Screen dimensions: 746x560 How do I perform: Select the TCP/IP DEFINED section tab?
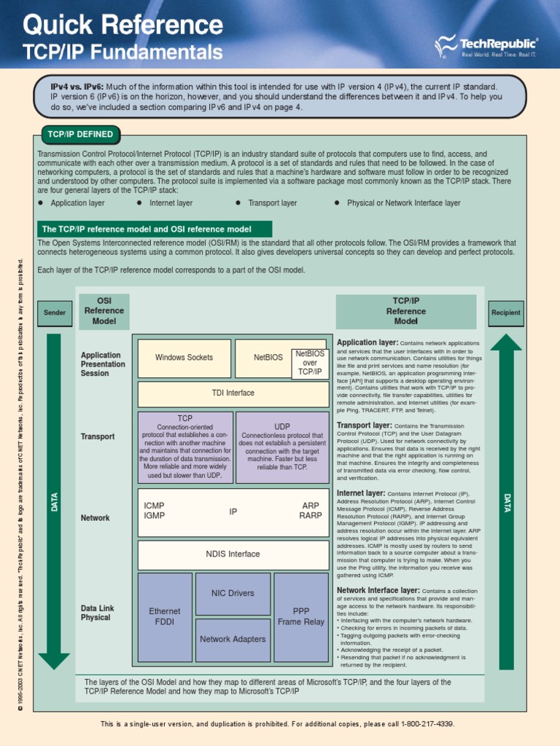tap(80, 135)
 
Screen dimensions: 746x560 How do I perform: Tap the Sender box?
tap(55, 313)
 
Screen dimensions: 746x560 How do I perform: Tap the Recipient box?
tap(506, 313)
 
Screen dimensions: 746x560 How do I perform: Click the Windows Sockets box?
tap(184, 358)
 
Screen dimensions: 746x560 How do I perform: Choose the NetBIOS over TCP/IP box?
tap(310, 363)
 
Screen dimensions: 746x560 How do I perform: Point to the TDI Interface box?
tap(233, 393)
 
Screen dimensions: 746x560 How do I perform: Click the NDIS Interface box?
tap(233, 554)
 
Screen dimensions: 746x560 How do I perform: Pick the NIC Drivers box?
tap(233, 594)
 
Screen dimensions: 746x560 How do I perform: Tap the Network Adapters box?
tap(233, 640)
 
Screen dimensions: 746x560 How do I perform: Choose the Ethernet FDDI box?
tap(165, 617)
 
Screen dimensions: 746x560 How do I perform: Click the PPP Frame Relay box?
tap(301, 617)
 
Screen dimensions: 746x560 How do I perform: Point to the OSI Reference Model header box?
tap(104, 311)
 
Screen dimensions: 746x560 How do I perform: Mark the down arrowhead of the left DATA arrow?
tap(54, 659)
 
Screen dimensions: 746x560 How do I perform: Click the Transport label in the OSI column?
tap(98, 437)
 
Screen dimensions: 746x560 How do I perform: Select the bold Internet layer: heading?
tap(361, 493)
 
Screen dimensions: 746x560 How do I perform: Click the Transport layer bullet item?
tap(272, 203)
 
